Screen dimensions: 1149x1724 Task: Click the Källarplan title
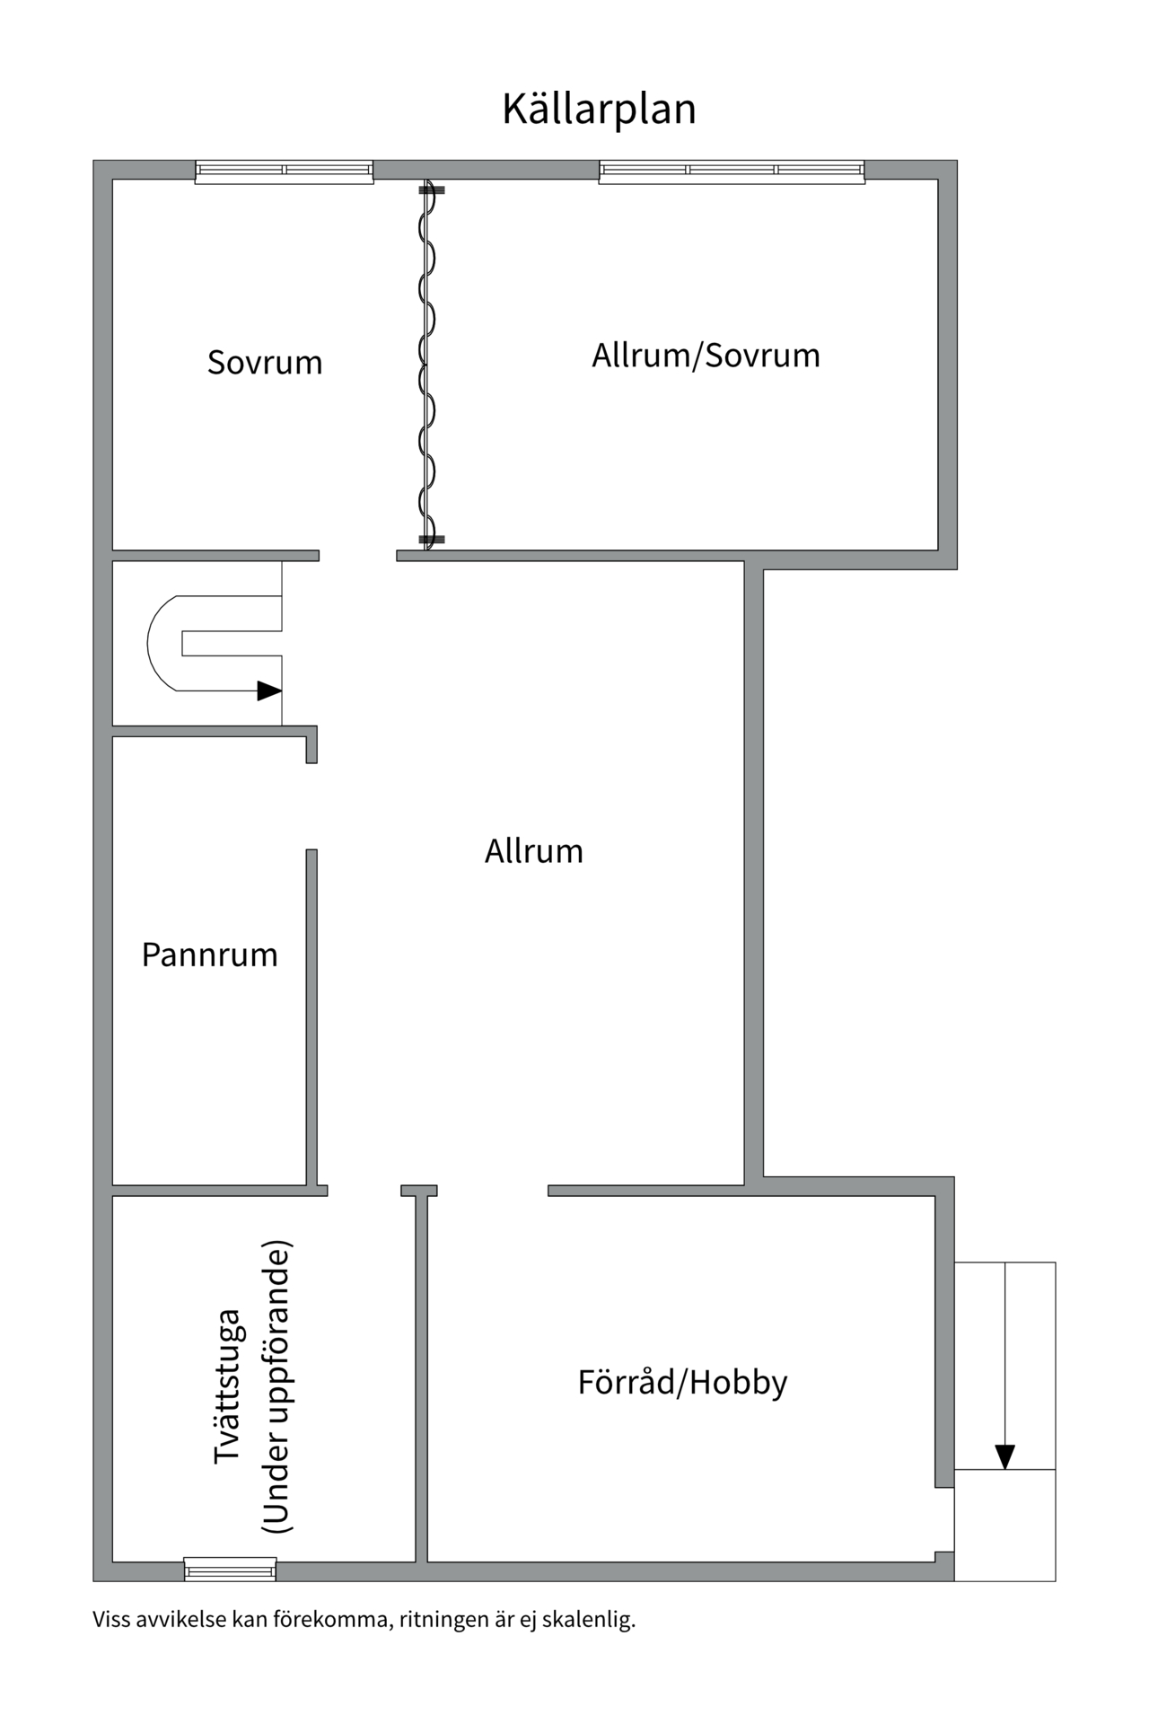pos(599,109)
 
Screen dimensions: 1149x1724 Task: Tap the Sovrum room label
pos(265,362)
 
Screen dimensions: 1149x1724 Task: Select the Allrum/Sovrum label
pos(706,356)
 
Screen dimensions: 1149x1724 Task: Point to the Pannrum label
pos(210,954)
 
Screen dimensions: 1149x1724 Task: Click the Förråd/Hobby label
pos(682,1382)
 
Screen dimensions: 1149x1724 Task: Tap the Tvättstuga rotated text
pos(228,1386)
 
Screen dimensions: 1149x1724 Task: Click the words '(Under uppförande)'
pos(276,1386)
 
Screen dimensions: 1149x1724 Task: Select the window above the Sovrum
pos(284,172)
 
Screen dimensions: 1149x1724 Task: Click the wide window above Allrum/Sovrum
pos(732,172)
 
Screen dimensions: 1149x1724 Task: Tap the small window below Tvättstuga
pos(231,1569)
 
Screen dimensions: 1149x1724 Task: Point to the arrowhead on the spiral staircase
pos(269,690)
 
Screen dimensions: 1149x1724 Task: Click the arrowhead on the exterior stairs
pos(1005,1457)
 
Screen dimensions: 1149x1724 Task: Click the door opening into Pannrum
pos(311,806)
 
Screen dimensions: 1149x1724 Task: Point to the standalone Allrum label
pos(534,851)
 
